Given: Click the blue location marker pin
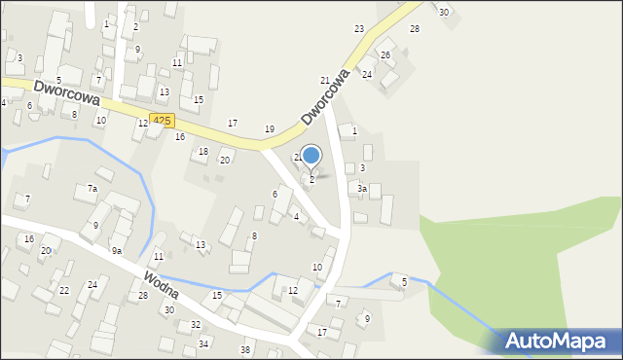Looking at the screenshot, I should pos(311,156).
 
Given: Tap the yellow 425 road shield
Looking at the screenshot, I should pos(163,120).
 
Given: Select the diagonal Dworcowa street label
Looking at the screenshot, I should pos(324,96).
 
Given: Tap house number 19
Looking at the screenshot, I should pos(270,129).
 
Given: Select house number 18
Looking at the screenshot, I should pos(203,152).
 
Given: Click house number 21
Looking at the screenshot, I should pos(325,80).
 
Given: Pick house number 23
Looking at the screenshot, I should pos(359,29).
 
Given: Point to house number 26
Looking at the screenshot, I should pos(385,54).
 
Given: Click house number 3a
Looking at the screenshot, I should pos(362,189).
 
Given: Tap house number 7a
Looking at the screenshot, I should pos(92,188).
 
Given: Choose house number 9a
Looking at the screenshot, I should pos(116,251).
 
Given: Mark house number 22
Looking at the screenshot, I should pos(64,291).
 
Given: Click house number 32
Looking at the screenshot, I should pos(196,325).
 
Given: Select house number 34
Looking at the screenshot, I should pos(203,344).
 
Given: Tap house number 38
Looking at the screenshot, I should pos(245,350).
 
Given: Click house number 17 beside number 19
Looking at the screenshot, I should pos(233,124).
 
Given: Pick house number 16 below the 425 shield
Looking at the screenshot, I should pos(180,137).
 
